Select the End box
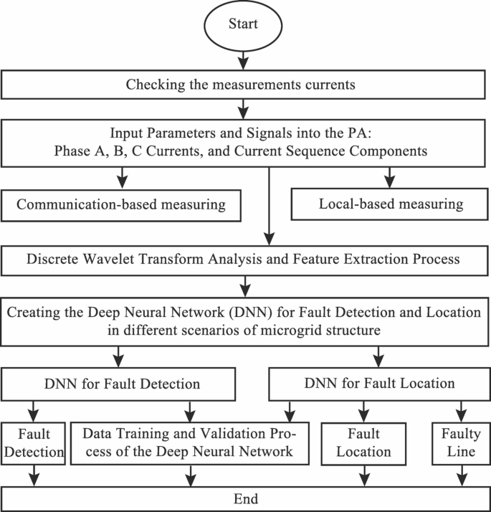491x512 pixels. click(x=245, y=498)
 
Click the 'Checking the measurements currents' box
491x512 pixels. click(x=245, y=85)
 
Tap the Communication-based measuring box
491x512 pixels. click(x=121, y=204)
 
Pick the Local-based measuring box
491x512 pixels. click(x=391, y=204)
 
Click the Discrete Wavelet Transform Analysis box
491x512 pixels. click(x=245, y=260)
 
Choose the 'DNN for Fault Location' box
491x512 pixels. click(x=379, y=384)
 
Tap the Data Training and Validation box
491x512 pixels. click(x=189, y=444)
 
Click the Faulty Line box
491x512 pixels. click(x=459, y=444)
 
